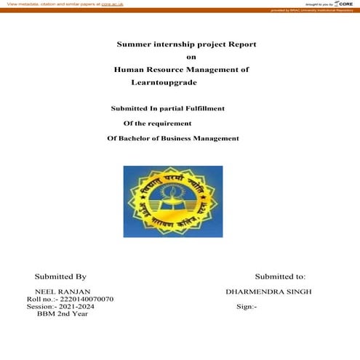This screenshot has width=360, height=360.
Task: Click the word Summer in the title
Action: (135, 44)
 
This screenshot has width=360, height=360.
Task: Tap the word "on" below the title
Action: (191, 57)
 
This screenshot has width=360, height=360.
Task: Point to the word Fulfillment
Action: (201, 108)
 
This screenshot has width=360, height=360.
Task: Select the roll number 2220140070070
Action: (82, 300)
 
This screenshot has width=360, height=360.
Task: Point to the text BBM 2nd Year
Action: (63, 314)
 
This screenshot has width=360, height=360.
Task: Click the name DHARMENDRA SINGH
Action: (269, 292)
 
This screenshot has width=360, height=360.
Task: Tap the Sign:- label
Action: (247, 307)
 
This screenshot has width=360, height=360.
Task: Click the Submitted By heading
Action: (60, 276)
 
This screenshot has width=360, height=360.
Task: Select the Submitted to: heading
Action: (280, 276)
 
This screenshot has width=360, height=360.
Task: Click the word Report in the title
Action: (243, 44)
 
